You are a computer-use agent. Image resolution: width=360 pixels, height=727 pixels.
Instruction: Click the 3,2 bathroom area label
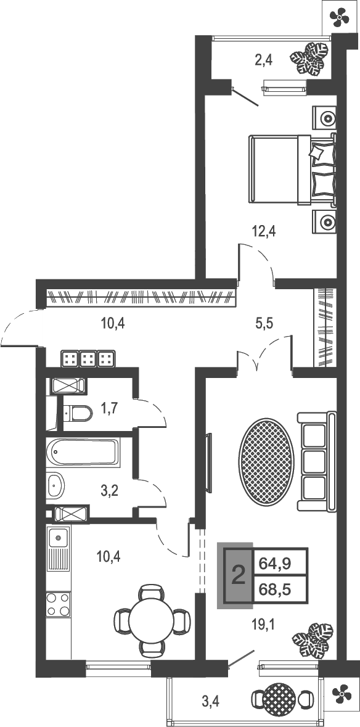tap(109, 490)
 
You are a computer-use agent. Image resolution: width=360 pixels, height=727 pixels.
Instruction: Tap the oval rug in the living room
tap(265, 462)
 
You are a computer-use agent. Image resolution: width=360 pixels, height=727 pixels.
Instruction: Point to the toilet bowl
tap(77, 412)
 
